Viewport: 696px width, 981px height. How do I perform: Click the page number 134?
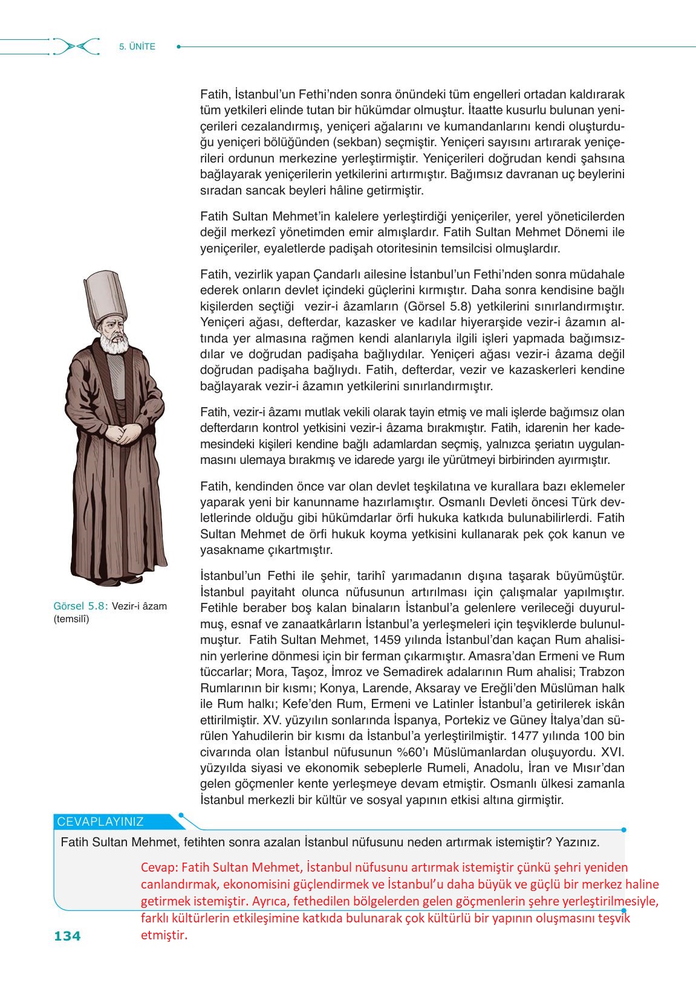67,936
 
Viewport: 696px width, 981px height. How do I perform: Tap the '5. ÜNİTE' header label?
137,47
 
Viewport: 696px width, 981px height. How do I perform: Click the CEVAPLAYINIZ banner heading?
100,822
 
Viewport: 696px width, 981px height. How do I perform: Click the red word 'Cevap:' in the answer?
159,867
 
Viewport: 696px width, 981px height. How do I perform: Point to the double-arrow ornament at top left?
76,47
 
